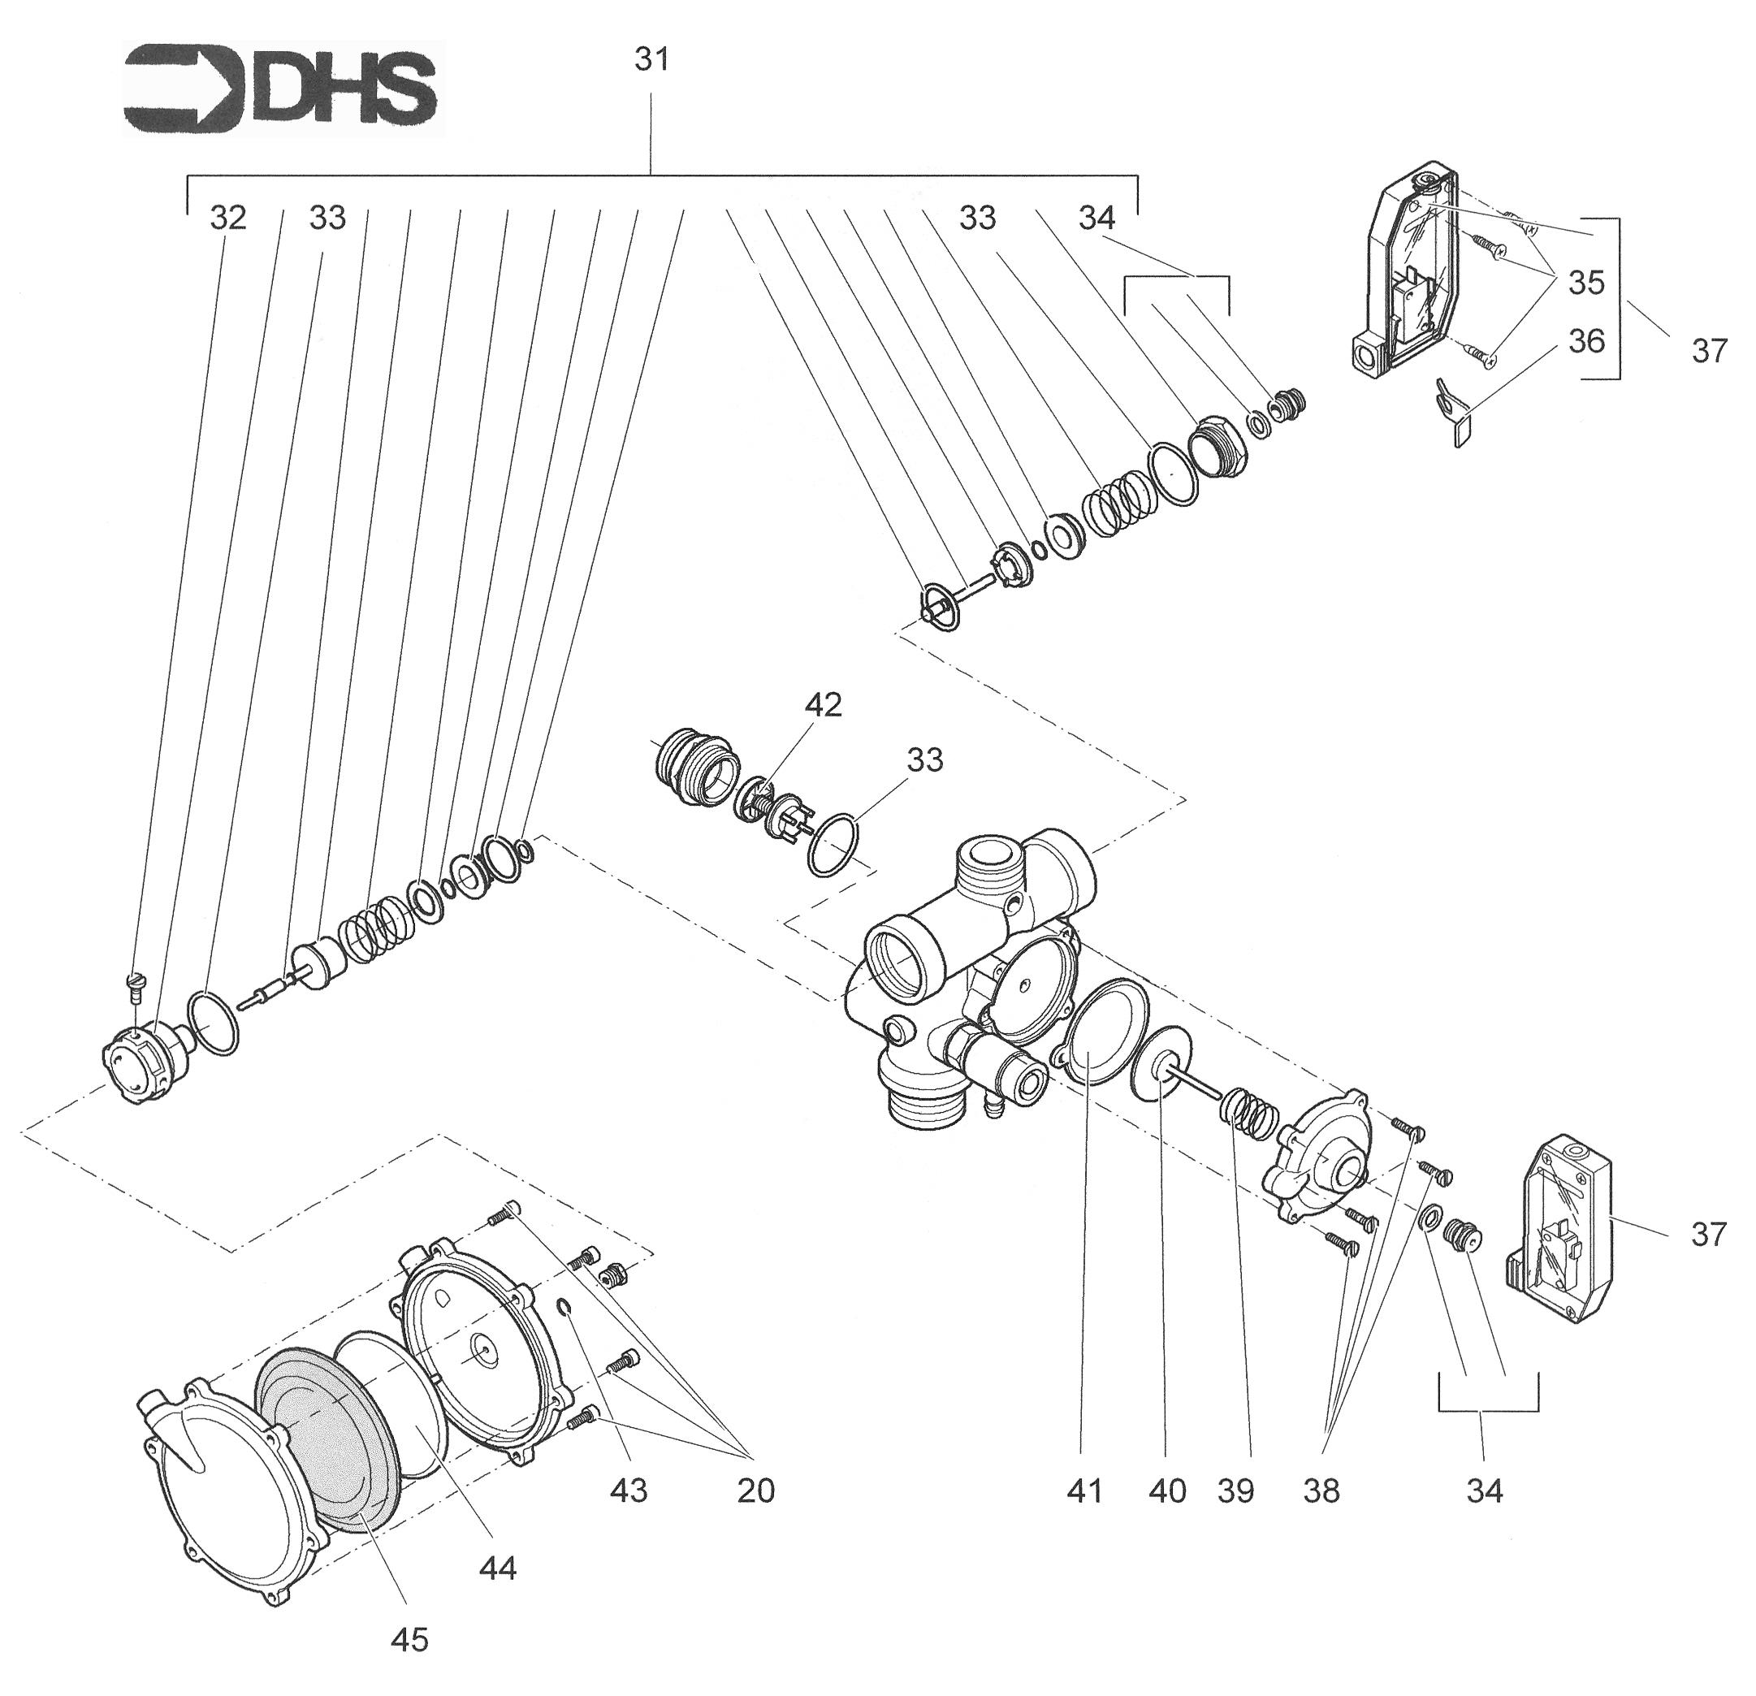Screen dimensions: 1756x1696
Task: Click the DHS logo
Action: (x=283, y=89)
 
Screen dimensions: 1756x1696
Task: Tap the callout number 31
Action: (x=652, y=60)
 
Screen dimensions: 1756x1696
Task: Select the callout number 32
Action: (x=227, y=218)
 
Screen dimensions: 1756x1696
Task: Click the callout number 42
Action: (x=824, y=705)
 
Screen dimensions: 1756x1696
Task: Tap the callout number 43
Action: (x=628, y=1492)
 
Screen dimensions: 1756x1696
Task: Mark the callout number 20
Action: (x=755, y=1492)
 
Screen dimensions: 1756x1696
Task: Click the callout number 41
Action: (x=1084, y=1492)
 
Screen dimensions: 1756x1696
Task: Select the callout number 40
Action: (x=1167, y=1492)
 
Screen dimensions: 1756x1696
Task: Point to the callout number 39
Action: (x=1235, y=1492)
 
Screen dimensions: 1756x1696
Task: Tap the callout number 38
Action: (x=1321, y=1492)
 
